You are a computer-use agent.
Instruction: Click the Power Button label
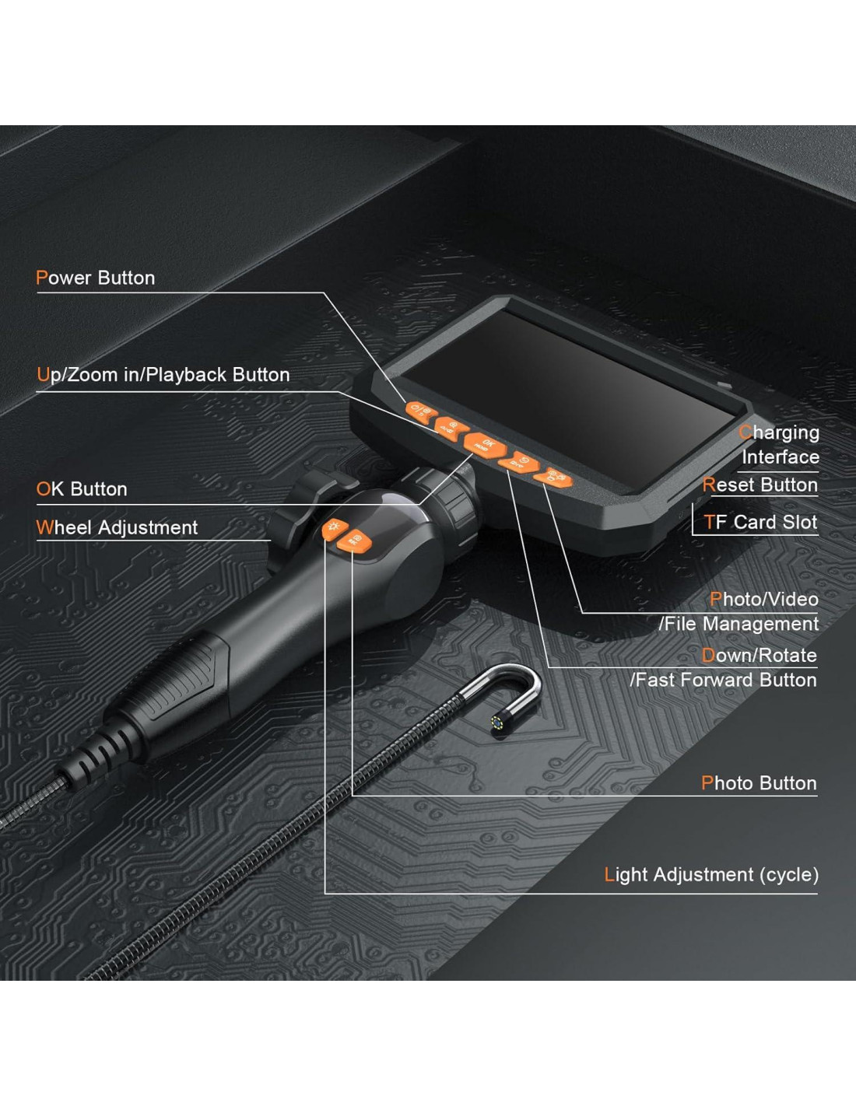pyautogui.click(x=95, y=278)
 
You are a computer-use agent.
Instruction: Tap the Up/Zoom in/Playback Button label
pyautogui.click(x=163, y=375)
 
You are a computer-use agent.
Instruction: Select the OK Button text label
pyautogui.click(x=82, y=489)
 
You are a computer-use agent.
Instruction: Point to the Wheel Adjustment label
pyautogui.click(x=117, y=527)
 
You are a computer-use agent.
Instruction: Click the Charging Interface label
pyautogui.click(x=779, y=445)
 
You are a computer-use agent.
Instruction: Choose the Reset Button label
pyautogui.click(x=760, y=485)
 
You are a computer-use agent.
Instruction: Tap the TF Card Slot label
pyautogui.click(x=760, y=522)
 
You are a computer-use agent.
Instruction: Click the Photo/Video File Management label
pyautogui.click(x=738, y=612)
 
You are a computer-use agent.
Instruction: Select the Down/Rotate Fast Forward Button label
pyautogui.click(x=723, y=668)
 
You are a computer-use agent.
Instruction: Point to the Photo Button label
pyautogui.click(x=759, y=783)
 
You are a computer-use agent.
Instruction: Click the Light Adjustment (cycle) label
pyautogui.click(x=711, y=875)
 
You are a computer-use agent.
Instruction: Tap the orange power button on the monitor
pyautogui.click(x=421, y=411)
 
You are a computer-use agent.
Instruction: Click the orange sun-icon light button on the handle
pyautogui.click(x=335, y=529)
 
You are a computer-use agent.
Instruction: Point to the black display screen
pyautogui.click(x=569, y=396)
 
